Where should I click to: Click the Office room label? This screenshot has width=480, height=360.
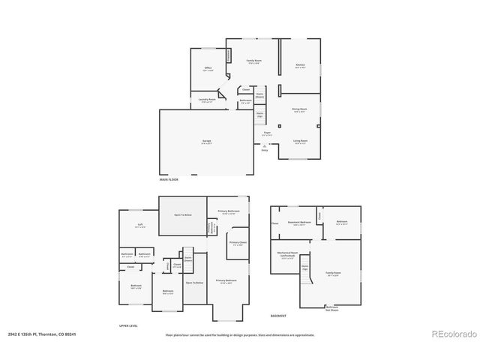[208, 68]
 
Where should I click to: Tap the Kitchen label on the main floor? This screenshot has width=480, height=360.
[300, 66]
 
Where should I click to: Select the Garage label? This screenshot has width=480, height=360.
[205, 143]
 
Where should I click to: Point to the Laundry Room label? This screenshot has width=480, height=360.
[208, 100]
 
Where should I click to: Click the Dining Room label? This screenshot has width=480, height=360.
[300, 109]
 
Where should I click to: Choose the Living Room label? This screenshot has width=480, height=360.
[300, 140]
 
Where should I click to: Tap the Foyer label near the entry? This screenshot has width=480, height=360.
[266, 133]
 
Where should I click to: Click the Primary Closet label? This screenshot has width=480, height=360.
[238, 244]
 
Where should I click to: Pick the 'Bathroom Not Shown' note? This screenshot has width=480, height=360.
[331, 307]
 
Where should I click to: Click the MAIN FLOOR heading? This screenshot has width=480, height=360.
[168, 180]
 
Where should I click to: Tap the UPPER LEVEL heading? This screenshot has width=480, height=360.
[129, 325]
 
